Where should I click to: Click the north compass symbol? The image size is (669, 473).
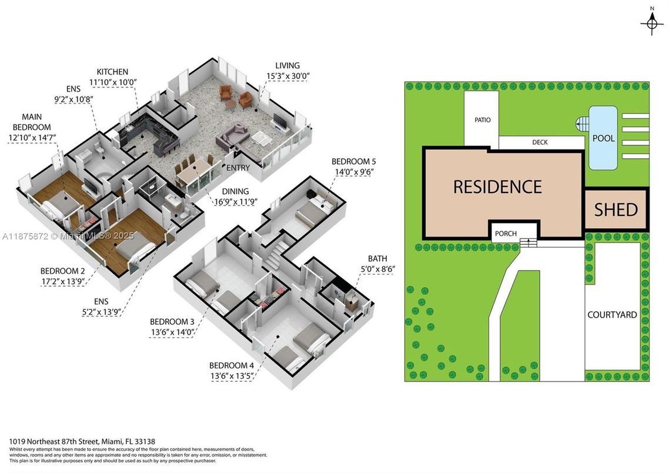click(x=651, y=23)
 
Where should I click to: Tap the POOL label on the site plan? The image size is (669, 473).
click(x=604, y=138)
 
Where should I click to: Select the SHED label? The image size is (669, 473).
click(x=616, y=209)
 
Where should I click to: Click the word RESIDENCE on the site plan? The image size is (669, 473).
click(x=497, y=186)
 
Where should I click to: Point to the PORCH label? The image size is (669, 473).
click(x=506, y=234)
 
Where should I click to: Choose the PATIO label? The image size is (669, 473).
click(x=482, y=120)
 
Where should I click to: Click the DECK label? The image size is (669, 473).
click(x=540, y=142)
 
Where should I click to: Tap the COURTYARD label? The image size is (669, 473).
click(x=612, y=315)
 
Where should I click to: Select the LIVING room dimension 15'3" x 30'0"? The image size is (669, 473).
click(x=287, y=75)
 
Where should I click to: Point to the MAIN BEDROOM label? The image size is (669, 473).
click(x=36, y=122)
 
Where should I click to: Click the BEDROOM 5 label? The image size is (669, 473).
click(x=353, y=161)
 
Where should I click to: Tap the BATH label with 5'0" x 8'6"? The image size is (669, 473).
click(x=377, y=258)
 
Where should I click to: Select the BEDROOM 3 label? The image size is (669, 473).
click(x=172, y=322)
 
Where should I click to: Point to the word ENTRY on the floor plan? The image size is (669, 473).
click(x=238, y=168)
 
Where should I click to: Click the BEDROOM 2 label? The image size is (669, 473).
click(x=62, y=271)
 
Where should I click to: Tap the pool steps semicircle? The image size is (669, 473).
click(x=581, y=124)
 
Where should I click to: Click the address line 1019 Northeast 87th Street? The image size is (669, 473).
click(x=82, y=441)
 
